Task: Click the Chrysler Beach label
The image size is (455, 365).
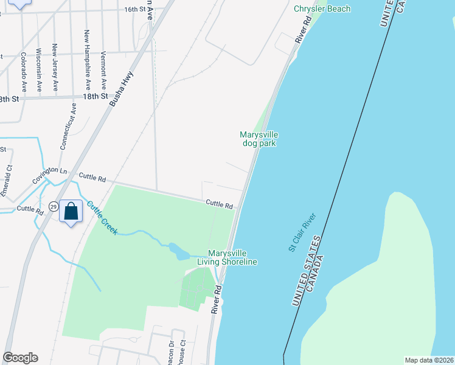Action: coord(322,9)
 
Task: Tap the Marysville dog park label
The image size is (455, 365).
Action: coord(259,139)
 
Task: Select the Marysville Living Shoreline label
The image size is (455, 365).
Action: coord(233,257)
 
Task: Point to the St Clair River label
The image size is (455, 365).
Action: coord(302,232)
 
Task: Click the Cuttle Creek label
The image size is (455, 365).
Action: coord(102,217)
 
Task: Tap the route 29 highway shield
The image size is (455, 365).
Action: coord(54,207)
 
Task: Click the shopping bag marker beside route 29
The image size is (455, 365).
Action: coord(71,212)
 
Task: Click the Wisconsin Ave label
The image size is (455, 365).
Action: coord(39,70)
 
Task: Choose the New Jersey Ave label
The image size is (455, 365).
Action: coord(55,68)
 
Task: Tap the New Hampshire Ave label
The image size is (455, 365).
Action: coord(88,60)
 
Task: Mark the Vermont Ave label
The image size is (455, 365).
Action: coord(103,68)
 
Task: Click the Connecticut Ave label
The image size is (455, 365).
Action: coord(69,126)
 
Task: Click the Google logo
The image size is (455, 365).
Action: coord(21,358)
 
